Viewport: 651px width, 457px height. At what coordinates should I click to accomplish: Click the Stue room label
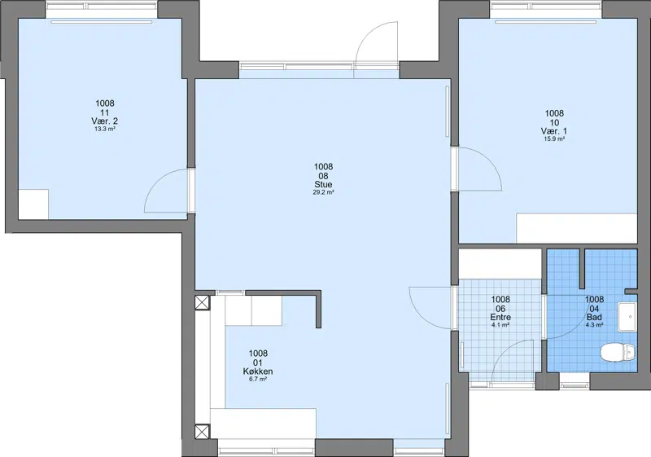(x=323, y=184)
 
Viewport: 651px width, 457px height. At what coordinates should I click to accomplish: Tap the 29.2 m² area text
(x=323, y=192)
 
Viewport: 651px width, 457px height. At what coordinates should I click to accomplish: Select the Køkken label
(x=258, y=371)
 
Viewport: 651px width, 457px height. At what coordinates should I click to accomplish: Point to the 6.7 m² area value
(x=258, y=380)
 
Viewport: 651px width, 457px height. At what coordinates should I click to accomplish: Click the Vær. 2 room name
(x=105, y=121)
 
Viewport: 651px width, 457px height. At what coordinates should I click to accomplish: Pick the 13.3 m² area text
(x=105, y=130)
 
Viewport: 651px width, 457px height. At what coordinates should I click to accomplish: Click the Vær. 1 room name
(x=554, y=131)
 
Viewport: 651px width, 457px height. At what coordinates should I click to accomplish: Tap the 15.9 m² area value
(x=554, y=139)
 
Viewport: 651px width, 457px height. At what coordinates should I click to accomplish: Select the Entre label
(x=500, y=318)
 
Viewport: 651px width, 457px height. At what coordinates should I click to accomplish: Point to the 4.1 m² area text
(x=500, y=325)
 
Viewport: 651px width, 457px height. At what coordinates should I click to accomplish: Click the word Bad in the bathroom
(x=594, y=318)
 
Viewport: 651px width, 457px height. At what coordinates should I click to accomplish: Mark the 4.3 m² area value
(x=594, y=325)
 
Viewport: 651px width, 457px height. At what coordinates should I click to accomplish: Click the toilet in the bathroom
(x=618, y=353)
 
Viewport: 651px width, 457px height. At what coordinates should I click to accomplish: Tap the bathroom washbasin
(x=627, y=317)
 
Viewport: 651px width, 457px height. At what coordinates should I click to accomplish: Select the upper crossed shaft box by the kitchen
(x=203, y=302)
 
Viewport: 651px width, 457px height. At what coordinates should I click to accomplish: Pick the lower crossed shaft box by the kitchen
(x=203, y=431)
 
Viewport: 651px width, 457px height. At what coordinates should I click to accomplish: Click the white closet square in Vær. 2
(x=33, y=204)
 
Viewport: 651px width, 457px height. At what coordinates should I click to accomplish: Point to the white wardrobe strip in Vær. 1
(x=577, y=228)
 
